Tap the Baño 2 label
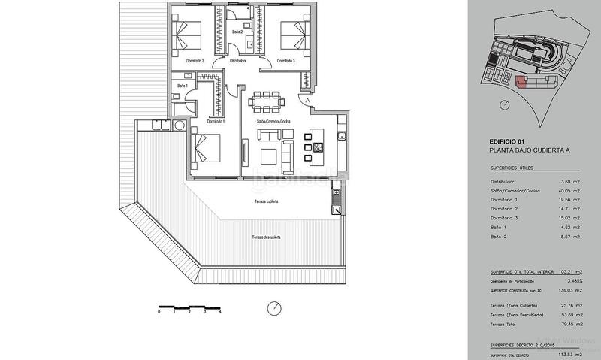237,32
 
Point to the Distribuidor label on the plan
238,60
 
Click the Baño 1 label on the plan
183,86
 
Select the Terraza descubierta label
267,237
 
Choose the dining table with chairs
267,100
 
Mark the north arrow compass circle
275,307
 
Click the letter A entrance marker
307,100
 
